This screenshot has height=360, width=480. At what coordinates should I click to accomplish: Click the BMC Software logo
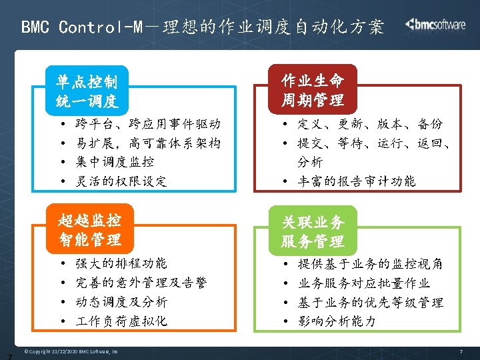(435, 25)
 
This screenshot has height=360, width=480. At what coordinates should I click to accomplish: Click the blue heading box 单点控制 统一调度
(87, 91)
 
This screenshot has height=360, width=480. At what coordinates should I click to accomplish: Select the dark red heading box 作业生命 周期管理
(313, 91)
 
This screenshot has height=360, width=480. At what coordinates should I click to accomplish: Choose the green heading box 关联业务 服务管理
(313, 231)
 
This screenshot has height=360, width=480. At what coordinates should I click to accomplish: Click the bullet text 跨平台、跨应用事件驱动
(148, 124)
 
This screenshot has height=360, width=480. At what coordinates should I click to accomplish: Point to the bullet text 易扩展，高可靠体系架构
(148, 143)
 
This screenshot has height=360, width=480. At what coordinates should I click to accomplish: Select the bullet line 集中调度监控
(115, 161)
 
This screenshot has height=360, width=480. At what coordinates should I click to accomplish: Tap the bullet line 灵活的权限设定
(121, 181)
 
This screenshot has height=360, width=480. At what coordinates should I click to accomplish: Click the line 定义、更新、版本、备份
(370, 124)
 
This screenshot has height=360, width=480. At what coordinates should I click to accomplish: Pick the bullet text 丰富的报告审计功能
(356, 181)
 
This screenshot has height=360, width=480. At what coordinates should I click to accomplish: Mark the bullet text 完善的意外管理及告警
(141, 283)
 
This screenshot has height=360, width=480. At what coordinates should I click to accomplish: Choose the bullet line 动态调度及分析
(121, 302)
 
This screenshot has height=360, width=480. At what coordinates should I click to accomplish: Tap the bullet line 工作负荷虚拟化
(121, 321)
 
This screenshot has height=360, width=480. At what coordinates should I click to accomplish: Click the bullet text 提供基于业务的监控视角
(370, 263)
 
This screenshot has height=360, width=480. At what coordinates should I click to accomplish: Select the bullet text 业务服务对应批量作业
(363, 283)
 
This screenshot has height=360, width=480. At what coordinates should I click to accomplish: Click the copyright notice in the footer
(71, 351)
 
